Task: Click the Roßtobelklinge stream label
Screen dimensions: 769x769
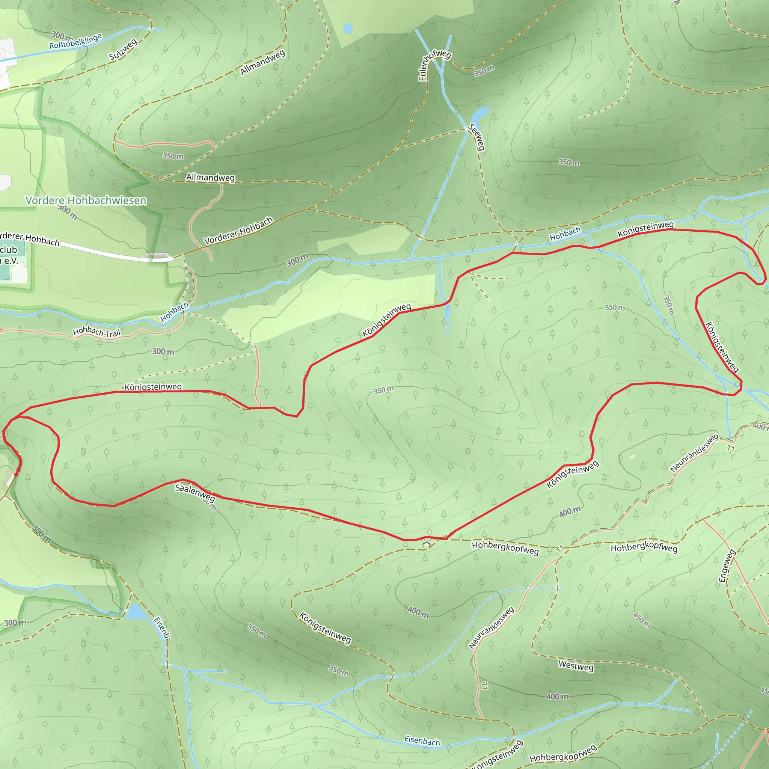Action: (75, 41)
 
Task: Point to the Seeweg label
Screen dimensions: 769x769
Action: (476, 137)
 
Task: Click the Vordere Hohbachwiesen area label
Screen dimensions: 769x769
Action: (86, 200)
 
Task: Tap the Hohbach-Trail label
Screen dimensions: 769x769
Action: (97, 332)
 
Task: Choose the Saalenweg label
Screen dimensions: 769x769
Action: (195, 493)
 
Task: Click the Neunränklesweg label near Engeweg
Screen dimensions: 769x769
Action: (694, 453)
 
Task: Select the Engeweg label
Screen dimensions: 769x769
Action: (727, 566)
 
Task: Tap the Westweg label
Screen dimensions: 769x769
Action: (576, 666)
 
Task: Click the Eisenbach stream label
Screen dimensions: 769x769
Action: (422, 741)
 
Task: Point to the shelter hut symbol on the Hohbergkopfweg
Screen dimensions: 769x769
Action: (427, 544)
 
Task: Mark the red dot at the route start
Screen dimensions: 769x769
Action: (16, 474)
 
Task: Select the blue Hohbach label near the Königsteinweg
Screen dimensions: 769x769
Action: (565, 234)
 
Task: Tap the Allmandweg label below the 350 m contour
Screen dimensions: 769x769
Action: (211, 178)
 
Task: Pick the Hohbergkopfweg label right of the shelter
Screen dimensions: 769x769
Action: (505, 548)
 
